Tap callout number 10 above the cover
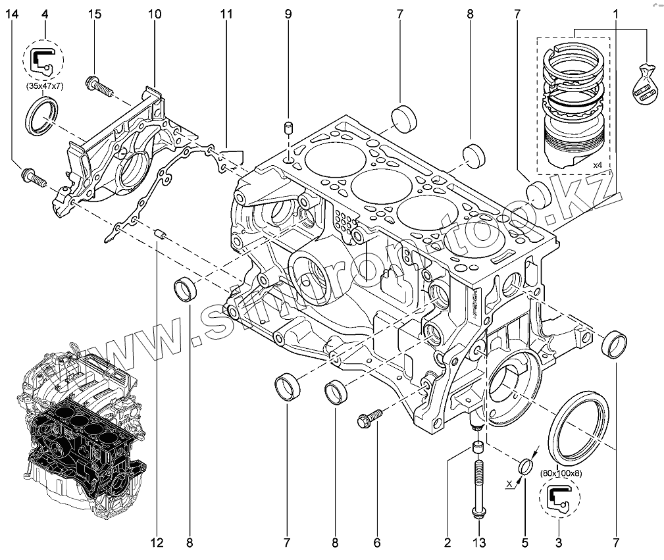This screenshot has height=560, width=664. click(x=154, y=14)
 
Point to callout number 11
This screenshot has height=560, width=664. click(x=226, y=14)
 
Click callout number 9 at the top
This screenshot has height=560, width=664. click(x=288, y=14)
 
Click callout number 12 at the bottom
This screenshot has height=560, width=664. click(x=157, y=543)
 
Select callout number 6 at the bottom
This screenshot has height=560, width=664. click(x=377, y=543)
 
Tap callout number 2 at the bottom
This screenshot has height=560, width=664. click(x=447, y=543)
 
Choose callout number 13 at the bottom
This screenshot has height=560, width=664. click(x=479, y=543)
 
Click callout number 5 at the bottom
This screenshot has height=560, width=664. click(x=524, y=543)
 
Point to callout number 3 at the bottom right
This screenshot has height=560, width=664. click(x=558, y=543)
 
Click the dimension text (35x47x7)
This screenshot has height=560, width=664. click(x=44, y=87)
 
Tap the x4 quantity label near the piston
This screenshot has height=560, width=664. click(x=598, y=164)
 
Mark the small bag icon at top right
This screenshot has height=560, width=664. click(x=644, y=84)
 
